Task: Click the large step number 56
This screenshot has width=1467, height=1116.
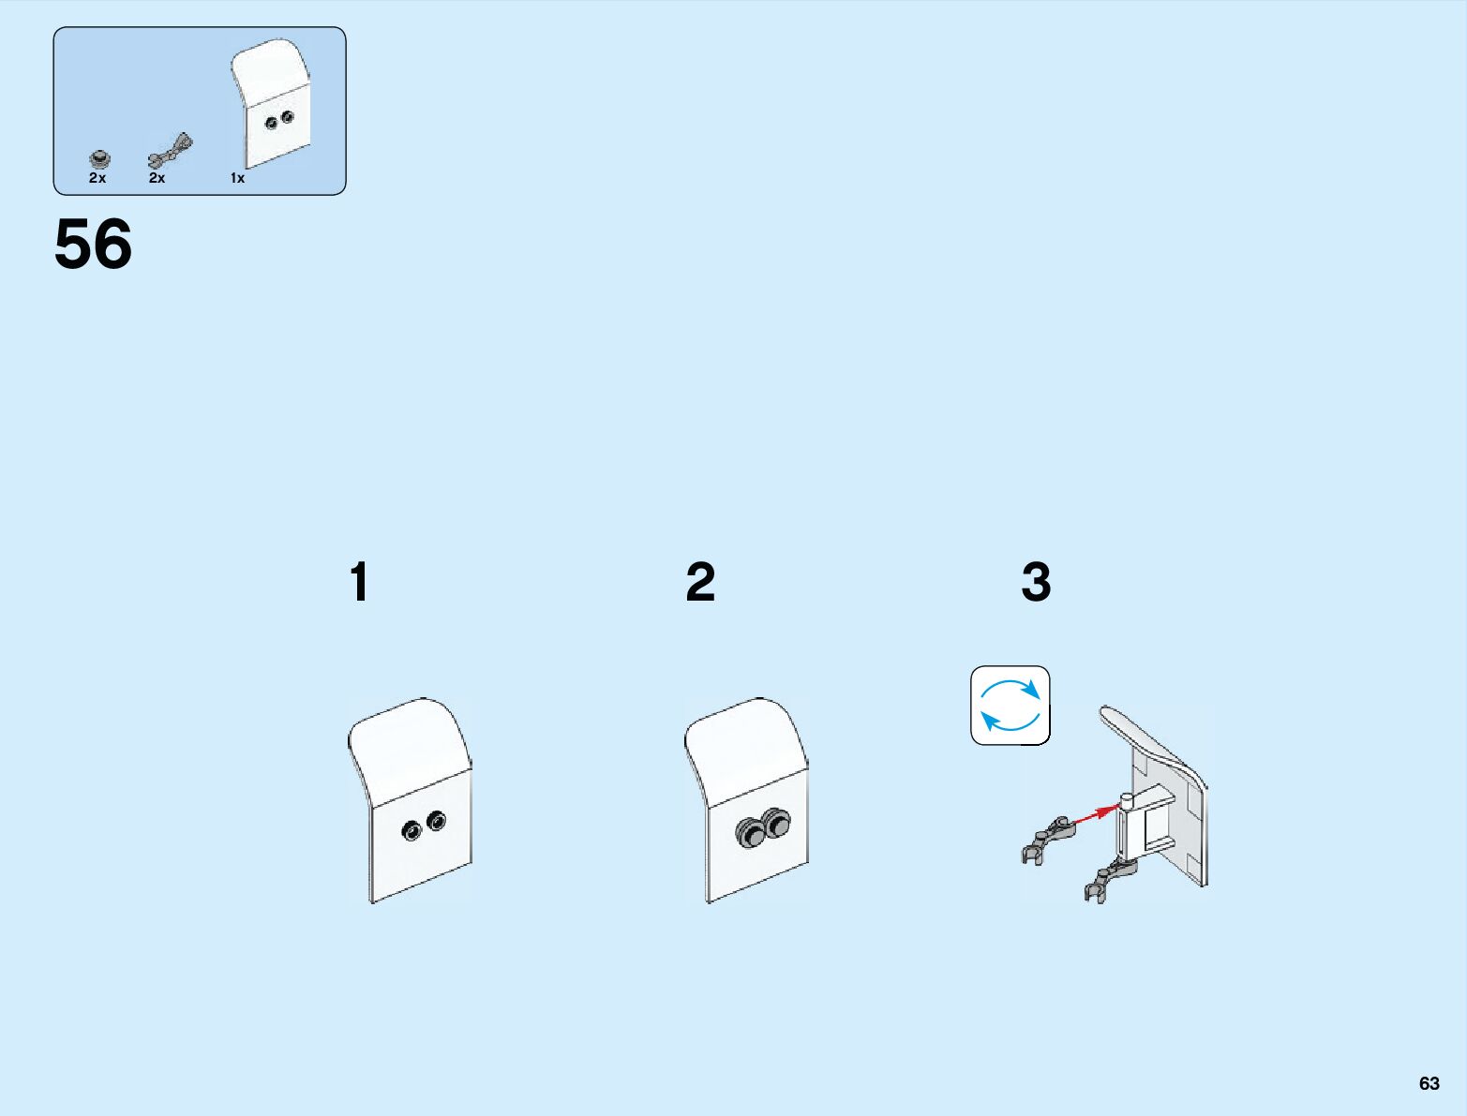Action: pyautogui.click(x=93, y=245)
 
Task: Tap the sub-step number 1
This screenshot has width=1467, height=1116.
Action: pyautogui.click(x=359, y=582)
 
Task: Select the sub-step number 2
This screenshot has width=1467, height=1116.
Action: pyautogui.click(x=700, y=582)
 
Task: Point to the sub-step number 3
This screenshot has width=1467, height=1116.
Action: pyautogui.click(x=1036, y=582)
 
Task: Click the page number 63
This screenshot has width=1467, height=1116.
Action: pyautogui.click(x=1429, y=1083)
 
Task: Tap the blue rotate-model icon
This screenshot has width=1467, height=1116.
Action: pyautogui.click(x=1010, y=706)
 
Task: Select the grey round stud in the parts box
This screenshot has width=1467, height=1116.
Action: pyautogui.click(x=100, y=158)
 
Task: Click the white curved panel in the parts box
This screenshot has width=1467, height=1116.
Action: pyautogui.click(x=273, y=102)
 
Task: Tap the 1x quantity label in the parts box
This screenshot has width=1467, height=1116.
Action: pyautogui.click(x=237, y=178)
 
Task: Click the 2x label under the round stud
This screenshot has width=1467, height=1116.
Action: pyautogui.click(x=97, y=178)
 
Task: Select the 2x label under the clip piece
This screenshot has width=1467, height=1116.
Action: pyautogui.click(x=157, y=178)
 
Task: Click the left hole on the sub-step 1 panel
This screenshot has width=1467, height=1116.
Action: pyautogui.click(x=411, y=830)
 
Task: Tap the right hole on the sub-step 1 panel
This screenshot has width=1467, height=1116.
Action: pyautogui.click(x=437, y=821)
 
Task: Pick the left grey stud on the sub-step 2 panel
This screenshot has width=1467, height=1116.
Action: pyautogui.click(x=750, y=831)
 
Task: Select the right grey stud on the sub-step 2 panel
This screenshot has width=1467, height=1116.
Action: pyautogui.click(x=776, y=822)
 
